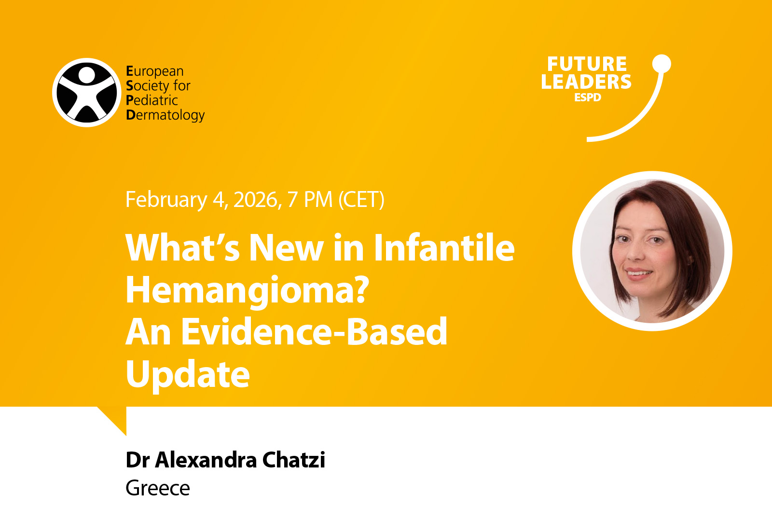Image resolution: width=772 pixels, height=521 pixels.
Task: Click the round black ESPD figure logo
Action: pyautogui.click(x=86, y=92)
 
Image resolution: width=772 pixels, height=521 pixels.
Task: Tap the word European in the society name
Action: pyautogui.click(x=155, y=71)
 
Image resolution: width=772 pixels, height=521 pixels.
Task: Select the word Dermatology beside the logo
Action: pyautogui.click(x=165, y=115)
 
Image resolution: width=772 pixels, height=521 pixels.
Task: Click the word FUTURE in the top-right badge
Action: pyautogui.click(x=587, y=64)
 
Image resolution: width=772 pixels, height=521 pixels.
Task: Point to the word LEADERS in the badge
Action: pyautogui.click(x=586, y=82)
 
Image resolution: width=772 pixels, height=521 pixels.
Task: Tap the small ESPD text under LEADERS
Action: pyautogui.click(x=588, y=97)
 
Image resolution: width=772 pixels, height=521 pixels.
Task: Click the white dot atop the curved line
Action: pyautogui.click(x=662, y=64)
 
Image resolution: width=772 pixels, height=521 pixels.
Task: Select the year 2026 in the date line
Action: pyautogui.click(x=256, y=199)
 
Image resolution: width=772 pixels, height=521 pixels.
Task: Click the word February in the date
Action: pyautogui.click(x=166, y=200)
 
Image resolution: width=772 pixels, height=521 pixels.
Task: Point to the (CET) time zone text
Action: pyautogui.click(x=361, y=200)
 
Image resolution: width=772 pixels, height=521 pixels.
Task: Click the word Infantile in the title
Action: pyautogui.click(x=444, y=247)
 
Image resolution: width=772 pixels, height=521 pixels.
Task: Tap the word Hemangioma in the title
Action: pyautogui.click(x=247, y=290)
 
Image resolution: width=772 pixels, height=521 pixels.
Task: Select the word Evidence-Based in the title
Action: pyautogui.click(x=314, y=331)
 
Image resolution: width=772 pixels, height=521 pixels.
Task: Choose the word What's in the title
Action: pyautogui.click(x=182, y=247)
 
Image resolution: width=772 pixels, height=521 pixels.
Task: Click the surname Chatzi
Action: pyautogui.click(x=294, y=460)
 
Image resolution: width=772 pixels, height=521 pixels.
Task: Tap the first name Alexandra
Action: pyautogui.click(x=206, y=460)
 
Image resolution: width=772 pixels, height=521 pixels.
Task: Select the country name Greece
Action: pyautogui.click(x=158, y=488)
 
